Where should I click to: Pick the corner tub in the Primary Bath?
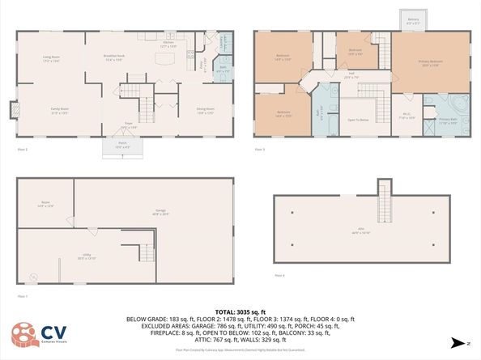(x=458, y=104)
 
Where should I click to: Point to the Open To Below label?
(x=358, y=120)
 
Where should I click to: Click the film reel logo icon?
(x=23, y=334)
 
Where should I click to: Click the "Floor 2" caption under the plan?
(x=23, y=150)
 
